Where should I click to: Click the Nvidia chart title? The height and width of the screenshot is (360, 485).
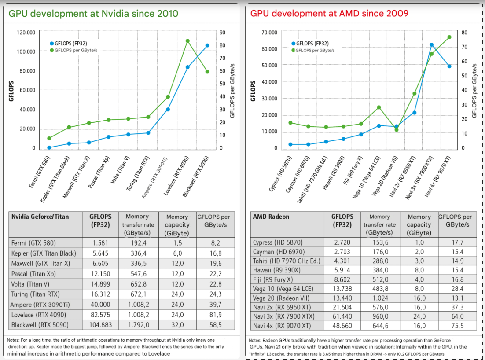point(93,13)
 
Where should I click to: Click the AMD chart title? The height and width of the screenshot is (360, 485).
point(329,13)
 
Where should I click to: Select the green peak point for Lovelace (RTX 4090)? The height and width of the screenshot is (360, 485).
point(187,41)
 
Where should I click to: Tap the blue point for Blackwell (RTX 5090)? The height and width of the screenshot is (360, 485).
point(207,45)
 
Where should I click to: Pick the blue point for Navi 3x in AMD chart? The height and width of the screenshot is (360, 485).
point(431,45)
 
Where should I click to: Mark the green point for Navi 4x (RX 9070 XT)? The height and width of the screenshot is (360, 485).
point(449,37)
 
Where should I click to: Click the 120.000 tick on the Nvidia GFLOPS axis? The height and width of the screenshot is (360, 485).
point(26,33)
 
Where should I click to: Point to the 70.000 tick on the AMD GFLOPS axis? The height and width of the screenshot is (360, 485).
point(269,33)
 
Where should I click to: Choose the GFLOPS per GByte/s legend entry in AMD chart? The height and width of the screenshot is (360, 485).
point(312,50)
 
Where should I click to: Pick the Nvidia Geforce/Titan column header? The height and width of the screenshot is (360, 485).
point(40,217)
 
